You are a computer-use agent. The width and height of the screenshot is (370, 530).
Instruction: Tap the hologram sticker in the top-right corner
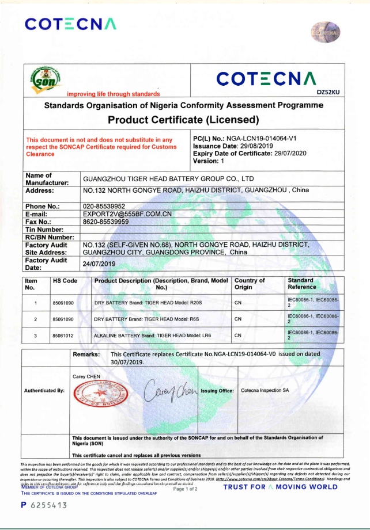pyautogui.click(x=326, y=33)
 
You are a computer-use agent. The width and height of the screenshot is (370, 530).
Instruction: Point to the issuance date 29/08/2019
pyautogui.click(x=253, y=147)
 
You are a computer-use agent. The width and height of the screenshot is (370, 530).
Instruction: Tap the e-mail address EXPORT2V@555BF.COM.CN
pyautogui.click(x=127, y=213)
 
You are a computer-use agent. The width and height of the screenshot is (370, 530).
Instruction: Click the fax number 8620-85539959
pyautogui.click(x=106, y=221)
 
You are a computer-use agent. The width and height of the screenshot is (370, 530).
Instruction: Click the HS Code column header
pyautogui.click(x=65, y=281)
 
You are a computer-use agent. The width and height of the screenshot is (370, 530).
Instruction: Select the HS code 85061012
pyautogui.click(x=63, y=335)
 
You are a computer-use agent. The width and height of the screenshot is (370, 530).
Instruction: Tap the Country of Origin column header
pyautogui.click(x=250, y=284)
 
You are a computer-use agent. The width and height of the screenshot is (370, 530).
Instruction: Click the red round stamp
pyautogui.click(x=97, y=396)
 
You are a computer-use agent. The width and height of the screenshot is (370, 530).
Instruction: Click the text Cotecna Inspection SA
pyautogui.click(x=265, y=391)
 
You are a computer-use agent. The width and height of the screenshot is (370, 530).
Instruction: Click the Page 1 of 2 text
pyautogui.click(x=186, y=489)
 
